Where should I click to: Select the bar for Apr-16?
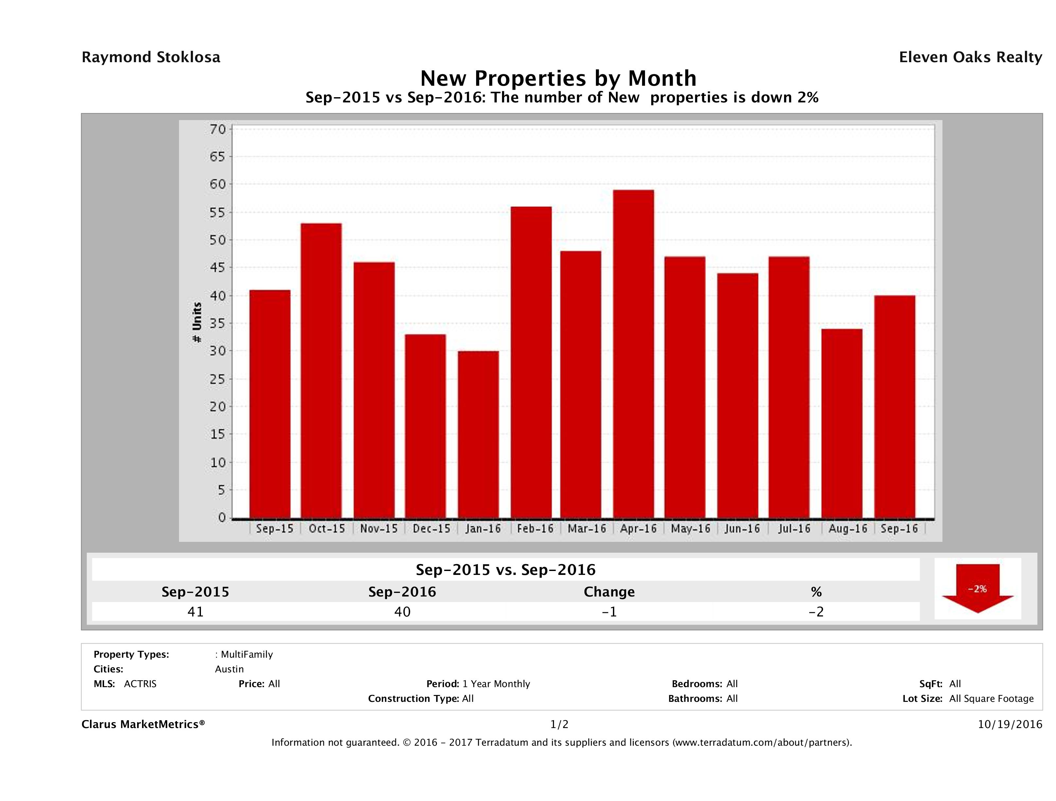coord(634,354)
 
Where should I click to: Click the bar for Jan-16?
coord(478,435)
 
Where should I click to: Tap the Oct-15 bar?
coord(321,370)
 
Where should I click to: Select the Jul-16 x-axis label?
coord(794,529)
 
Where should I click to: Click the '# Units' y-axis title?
coord(197,323)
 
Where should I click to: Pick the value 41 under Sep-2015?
coord(195,612)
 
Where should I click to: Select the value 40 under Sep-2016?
coord(402,612)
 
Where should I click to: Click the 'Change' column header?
coord(609,592)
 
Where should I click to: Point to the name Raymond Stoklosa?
coord(151,57)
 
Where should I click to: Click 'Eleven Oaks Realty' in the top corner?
coord(970,57)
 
